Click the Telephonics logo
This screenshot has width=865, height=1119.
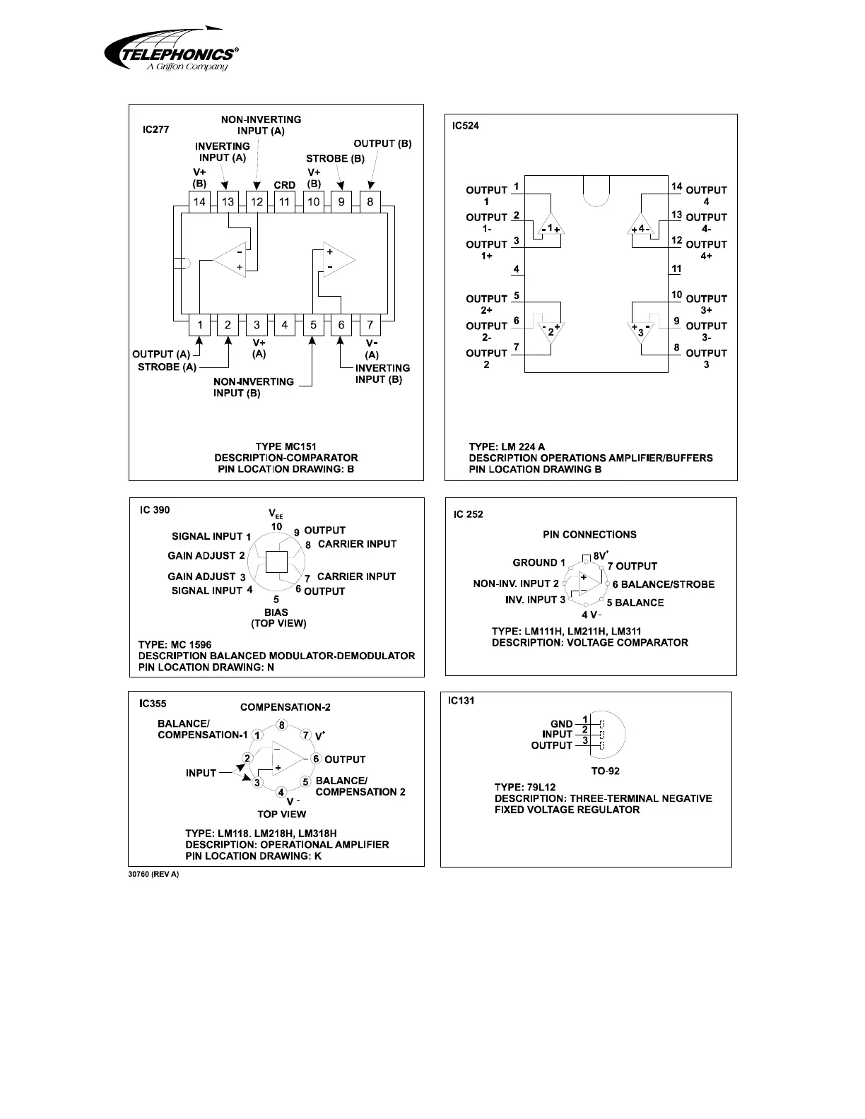(x=171, y=49)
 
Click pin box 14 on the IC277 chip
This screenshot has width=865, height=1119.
(x=200, y=201)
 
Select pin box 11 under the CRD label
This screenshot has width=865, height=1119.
(x=285, y=201)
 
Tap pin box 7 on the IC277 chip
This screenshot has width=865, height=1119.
(x=370, y=325)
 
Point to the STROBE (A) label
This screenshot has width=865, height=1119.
(x=167, y=367)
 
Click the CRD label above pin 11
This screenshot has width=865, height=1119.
(x=285, y=185)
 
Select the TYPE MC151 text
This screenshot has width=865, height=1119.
(x=286, y=446)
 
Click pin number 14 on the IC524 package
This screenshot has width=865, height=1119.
(x=676, y=187)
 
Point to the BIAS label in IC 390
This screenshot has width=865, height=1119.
(x=276, y=612)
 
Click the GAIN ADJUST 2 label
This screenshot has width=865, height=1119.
(x=206, y=556)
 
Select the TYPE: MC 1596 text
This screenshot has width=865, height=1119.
(x=175, y=644)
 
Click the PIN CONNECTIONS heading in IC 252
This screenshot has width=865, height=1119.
(x=589, y=535)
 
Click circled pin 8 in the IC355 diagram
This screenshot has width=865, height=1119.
(x=281, y=726)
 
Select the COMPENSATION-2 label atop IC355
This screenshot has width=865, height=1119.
(x=286, y=707)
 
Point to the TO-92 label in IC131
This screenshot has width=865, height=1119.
(x=605, y=771)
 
